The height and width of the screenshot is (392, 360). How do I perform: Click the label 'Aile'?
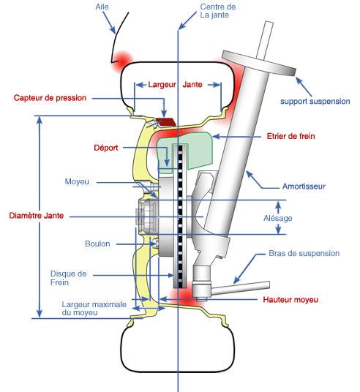102,7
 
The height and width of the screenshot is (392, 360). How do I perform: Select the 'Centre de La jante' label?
217,11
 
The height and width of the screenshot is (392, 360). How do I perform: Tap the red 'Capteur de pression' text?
50,98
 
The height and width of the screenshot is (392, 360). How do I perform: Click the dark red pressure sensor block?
165,121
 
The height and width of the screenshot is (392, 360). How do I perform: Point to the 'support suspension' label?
315,102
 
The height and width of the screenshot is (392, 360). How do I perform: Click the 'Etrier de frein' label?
290,136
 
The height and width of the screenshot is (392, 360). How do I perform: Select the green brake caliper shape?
186,152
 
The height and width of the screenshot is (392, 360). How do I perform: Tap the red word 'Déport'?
106,148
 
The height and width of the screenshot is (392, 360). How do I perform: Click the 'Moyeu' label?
77,181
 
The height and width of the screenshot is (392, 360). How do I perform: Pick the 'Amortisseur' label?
304,186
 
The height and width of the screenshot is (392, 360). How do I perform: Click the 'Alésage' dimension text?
278,218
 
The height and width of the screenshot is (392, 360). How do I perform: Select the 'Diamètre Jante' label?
37,216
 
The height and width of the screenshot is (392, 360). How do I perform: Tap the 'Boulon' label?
97,244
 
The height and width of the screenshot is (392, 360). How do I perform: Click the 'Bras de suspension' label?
304,253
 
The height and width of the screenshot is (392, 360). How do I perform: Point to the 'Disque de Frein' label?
68,278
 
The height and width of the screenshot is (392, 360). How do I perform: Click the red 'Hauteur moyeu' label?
290,300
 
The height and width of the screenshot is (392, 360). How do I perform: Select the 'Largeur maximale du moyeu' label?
94,309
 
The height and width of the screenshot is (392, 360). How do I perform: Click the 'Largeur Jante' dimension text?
175,85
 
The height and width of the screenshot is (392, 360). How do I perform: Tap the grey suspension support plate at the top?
259,63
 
